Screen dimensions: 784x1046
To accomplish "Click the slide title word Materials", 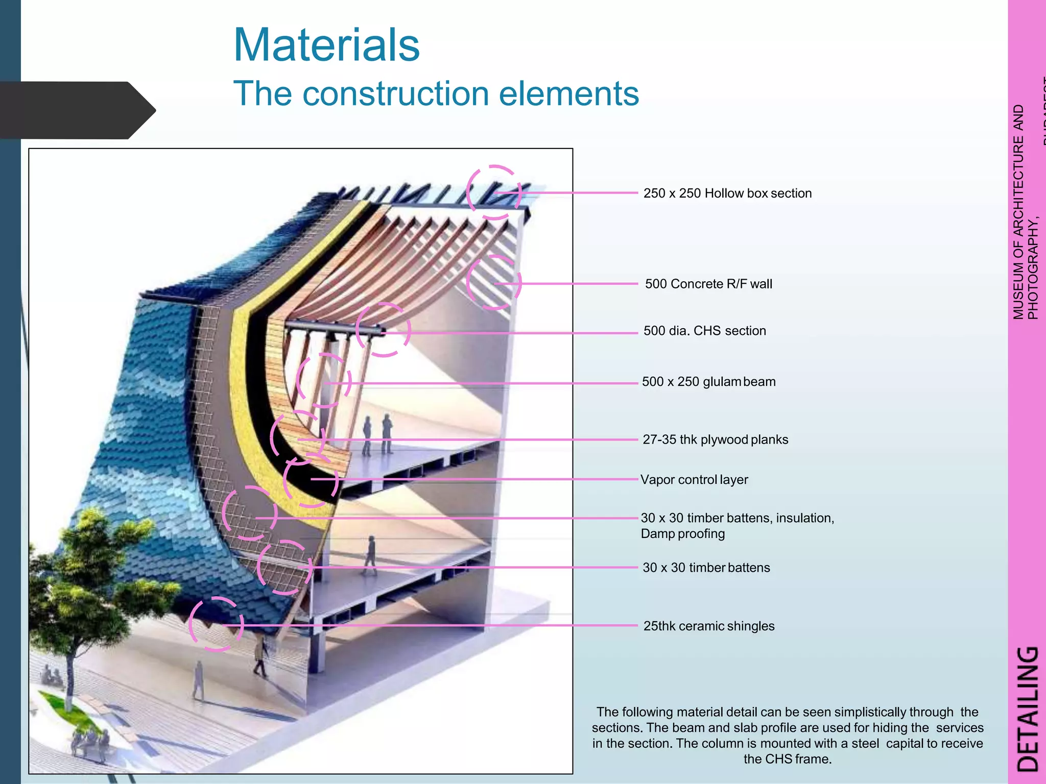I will tap(326, 45).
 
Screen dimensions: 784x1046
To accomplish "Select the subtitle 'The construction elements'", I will tap(436, 93).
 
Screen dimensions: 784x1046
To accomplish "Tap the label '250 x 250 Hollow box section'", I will tap(727, 193).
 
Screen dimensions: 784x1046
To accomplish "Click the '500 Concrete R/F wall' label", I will tap(708, 284).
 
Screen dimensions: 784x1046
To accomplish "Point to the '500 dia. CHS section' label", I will tap(704, 331).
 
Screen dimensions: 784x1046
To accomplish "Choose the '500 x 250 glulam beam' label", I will tap(708, 382).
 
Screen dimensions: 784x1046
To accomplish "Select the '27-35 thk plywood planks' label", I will tap(715, 439).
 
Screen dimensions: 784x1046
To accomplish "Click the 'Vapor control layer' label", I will tap(694, 480).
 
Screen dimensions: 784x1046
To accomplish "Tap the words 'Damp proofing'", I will tap(683, 534).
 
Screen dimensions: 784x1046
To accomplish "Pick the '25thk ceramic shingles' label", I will tap(709, 626).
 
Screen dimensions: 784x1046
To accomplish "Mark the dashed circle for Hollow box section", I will tap(494, 192).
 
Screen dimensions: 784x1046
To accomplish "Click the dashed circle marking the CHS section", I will tap(383, 330).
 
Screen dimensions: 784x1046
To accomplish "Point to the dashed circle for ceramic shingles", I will tap(216, 624).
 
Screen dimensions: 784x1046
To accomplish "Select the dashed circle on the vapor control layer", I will tap(311, 480).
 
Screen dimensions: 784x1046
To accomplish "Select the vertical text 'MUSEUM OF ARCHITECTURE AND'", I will tap(1018, 212).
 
